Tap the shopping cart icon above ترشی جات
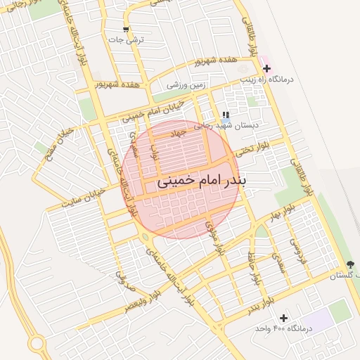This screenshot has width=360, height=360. tap(126, 30)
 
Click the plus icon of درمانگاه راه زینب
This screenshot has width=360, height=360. tap(266, 69)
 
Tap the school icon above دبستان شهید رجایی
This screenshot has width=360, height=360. tap(226, 115)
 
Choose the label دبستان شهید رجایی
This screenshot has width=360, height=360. tap(236, 125)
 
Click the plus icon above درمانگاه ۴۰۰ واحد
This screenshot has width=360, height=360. tap(283, 319)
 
